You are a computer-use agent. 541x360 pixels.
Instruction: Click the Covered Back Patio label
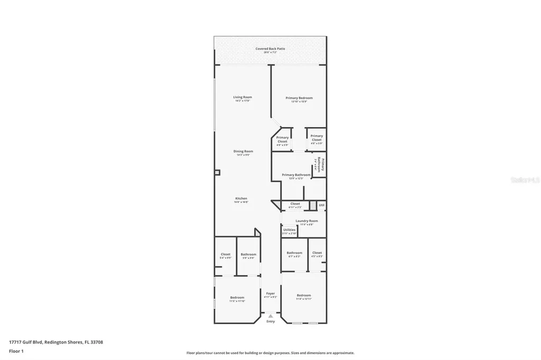[x=270, y=49]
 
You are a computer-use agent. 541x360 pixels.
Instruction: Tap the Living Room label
[x=242, y=97]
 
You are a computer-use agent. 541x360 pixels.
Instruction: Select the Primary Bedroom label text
[x=299, y=98]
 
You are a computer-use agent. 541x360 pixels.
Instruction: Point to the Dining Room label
[x=243, y=151]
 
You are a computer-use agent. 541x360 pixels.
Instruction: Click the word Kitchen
[x=241, y=198]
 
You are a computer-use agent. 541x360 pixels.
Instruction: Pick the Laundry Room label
[x=306, y=221]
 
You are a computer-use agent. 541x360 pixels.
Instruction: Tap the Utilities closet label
[x=289, y=230]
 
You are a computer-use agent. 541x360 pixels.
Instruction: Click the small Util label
[x=321, y=204]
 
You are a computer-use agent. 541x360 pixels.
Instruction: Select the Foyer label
[x=270, y=293]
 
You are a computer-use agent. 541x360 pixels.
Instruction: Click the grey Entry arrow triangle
[x=270, y=316]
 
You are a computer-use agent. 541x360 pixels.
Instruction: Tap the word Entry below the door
[x=270, y=321]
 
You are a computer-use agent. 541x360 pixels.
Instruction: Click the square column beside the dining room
[x=217, y=172]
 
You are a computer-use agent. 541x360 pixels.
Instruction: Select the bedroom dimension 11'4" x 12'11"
[x=304, y=299]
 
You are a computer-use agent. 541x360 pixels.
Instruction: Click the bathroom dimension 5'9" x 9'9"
[x=248, y=258]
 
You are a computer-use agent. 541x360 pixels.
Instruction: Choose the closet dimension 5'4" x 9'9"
[x=225, y=258]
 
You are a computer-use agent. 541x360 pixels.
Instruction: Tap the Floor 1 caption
[x=16, y=350]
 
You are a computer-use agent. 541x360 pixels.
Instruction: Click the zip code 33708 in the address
[x=96, y=342]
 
